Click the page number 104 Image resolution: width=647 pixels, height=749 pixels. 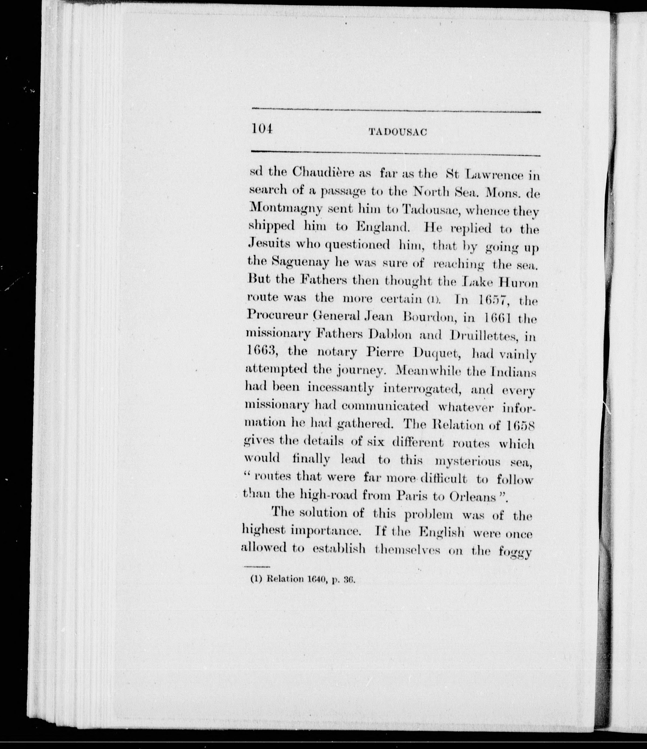[x=261, y=129]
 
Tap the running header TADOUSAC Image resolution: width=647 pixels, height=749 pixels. [x=397, y=132]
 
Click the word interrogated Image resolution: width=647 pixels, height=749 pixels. [x=422, y=389]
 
